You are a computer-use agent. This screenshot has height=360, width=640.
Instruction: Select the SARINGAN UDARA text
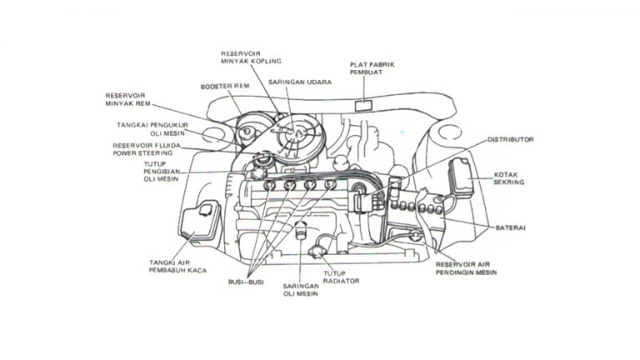tap(300, 82)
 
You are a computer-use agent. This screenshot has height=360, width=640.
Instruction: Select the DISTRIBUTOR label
tap(510, 139)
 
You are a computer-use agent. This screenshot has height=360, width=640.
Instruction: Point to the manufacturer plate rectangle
tap(365, 104)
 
